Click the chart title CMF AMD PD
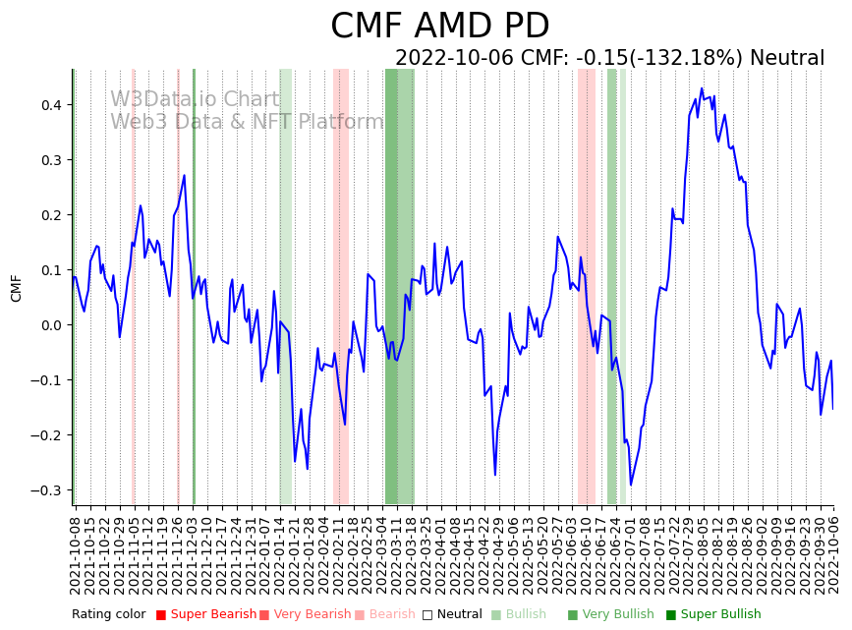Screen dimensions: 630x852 click(439, 27)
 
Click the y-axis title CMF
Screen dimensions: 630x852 click(16, 288)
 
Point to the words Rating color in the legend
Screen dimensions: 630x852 click(108, 614)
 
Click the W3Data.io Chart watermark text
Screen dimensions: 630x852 click(195, 100)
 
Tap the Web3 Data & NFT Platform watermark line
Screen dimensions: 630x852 click(247, 122)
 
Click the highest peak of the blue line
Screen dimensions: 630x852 click(702, 88)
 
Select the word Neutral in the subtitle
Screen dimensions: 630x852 click(787, 58)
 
